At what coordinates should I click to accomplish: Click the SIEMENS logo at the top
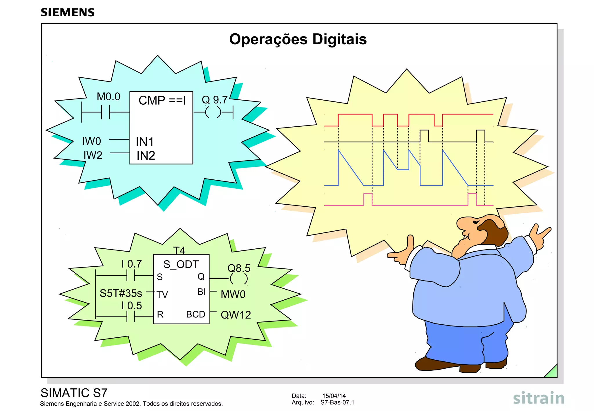[x=68, y=12]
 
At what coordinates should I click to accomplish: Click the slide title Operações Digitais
[x=298, y=39]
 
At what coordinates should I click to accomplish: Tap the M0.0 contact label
[x=108, y=97]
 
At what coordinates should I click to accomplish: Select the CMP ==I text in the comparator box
[x=162, y=101]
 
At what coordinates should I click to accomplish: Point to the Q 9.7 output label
[x=215, y=100]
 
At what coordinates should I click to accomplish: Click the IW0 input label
[x=92, y=141]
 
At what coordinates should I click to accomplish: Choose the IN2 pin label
[x=146, y=156]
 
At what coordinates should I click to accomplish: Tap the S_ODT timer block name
[x=181, y=264]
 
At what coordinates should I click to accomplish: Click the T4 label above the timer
[x=179, y=250]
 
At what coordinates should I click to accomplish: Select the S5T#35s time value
[x=121, y=293]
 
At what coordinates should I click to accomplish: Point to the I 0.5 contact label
[x=132, y=305]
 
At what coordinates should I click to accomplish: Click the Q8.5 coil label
[x=239, y=268]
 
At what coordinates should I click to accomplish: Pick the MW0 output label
[x=233, y=294]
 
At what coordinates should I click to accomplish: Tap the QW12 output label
[x=236, y=315]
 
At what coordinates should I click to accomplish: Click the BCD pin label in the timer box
[x=195, y=314]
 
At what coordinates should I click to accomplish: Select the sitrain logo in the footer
[x=539, y=399]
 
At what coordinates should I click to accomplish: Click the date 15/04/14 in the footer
[x=334, y=396]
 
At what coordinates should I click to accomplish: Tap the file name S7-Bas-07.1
[x=337, y=402]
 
